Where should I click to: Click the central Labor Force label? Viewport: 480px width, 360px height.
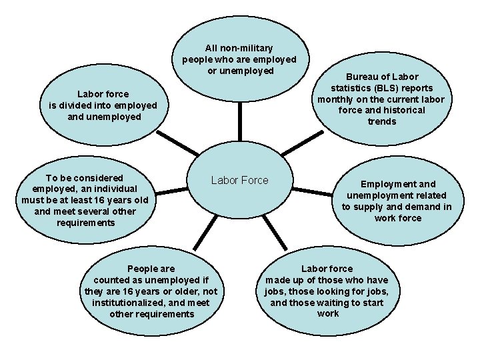[239, 180]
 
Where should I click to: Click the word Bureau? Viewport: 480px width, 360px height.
[361, 77]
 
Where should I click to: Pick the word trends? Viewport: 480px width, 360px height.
[381, 121]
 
